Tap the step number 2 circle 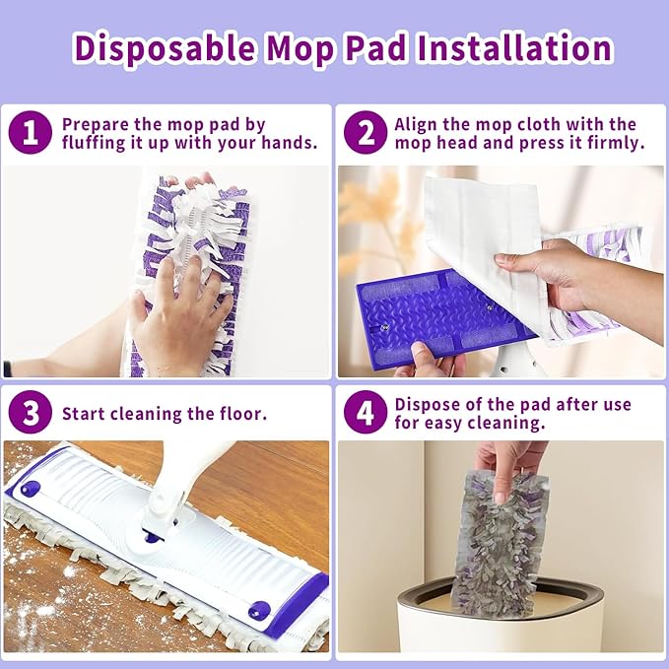click(x=364, y=133)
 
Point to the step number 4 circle click(x=364, y=413)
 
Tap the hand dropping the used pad click(x=507, y=461)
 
